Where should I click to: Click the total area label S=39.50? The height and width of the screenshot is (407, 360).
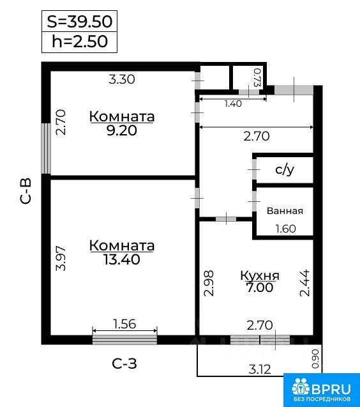tap(80, 22)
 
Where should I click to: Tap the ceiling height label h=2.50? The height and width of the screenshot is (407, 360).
tap(80, 42)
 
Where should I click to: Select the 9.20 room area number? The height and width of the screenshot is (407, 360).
tap(122, 130)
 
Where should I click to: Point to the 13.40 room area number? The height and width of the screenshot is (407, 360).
tap(122, 259)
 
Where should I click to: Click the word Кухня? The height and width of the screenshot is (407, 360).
tap(260, 275)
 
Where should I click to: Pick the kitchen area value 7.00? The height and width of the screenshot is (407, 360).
tap(260, 288)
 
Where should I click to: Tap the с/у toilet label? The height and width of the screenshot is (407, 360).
tap(285, 170)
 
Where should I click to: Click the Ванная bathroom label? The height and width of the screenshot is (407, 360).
tap(285, 211)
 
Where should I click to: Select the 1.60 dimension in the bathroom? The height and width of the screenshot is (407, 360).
tap(285, 229)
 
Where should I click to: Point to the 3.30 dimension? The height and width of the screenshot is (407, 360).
tap(122, 79)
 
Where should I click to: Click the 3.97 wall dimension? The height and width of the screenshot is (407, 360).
tap(61, 258)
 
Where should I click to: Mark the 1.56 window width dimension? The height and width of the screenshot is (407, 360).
tap(124, 324)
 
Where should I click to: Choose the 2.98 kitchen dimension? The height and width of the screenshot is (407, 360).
tap(209, 283)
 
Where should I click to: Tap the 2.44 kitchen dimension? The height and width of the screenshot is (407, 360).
tap(304, 283)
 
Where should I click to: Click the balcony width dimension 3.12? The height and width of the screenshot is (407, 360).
tap(260, 369)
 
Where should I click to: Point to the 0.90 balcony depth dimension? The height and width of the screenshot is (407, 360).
tap(315, 359)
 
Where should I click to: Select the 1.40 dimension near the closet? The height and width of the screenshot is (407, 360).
tap(233, 104)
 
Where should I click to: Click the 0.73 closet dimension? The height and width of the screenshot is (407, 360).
tap(257, 77)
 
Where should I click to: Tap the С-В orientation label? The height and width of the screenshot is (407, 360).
tap(26, 191)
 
